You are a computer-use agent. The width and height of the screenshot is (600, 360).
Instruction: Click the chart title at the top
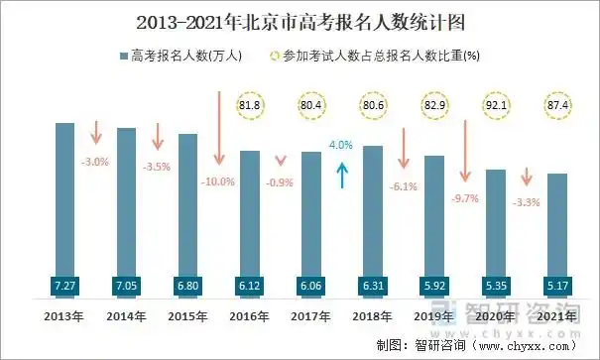click(300, 21)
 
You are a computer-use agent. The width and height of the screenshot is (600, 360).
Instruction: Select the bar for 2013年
click(64, 198)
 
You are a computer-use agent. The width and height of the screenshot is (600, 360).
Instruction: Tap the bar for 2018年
click(373, 208)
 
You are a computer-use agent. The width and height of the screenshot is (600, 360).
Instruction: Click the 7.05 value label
click(126, 286)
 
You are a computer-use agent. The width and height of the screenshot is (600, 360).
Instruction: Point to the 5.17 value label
click(557, 286)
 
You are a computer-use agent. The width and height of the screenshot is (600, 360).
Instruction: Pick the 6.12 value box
click(249, 286)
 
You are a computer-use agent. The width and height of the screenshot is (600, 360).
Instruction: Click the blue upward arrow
click(341, 176)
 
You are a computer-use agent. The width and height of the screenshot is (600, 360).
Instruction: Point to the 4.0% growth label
click(341, 145)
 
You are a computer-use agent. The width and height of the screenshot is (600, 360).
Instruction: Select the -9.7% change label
click(464, 198)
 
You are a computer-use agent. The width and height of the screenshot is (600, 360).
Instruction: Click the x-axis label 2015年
click(187, 316)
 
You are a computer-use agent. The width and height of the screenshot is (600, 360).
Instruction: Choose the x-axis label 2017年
click(310, 316)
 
